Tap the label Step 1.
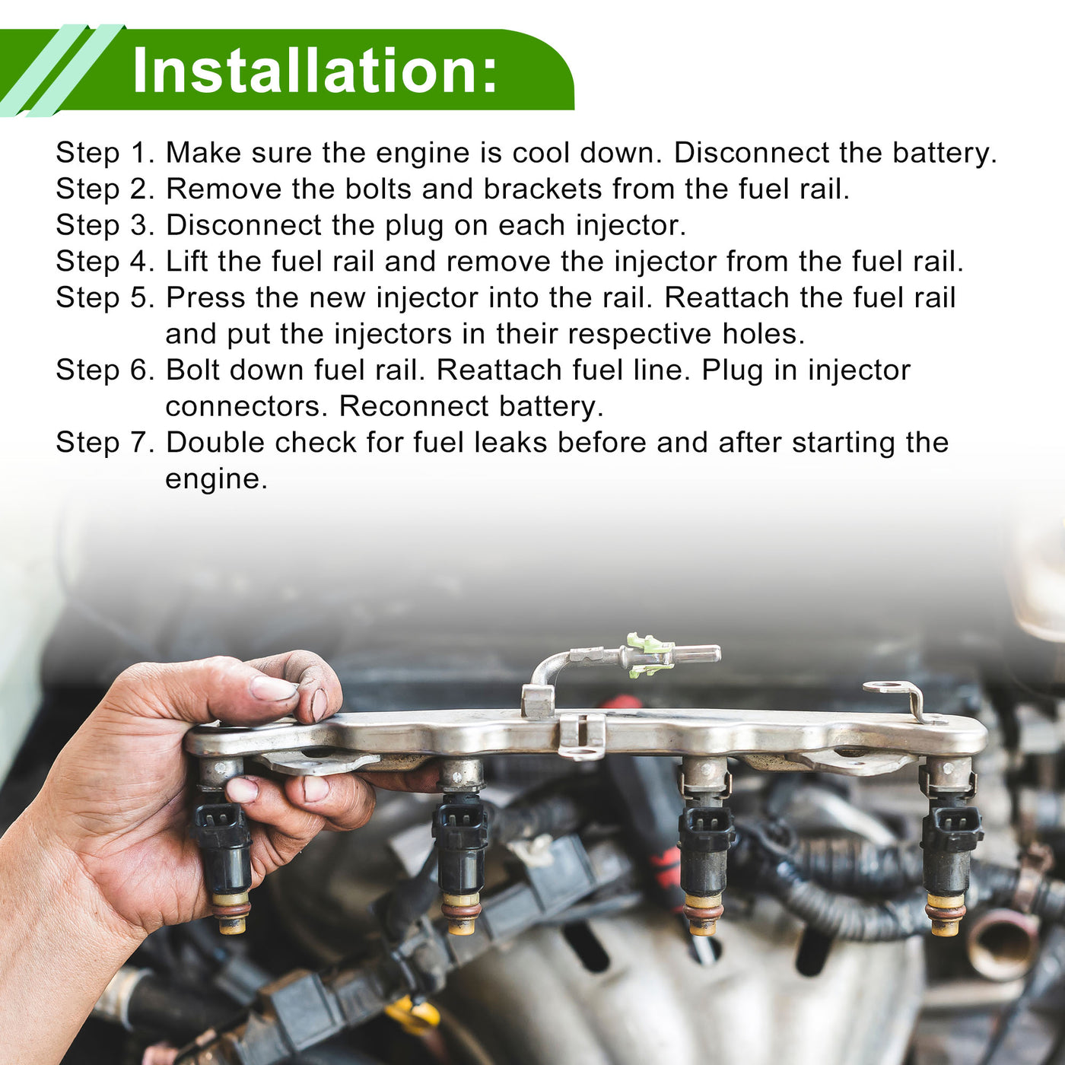point(106,153)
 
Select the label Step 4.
point(106,262)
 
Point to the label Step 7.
point(106,442)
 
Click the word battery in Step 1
point(945,153)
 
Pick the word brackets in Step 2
point(542,189)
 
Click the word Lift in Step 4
point(187,262)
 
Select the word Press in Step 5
point(205,297)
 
